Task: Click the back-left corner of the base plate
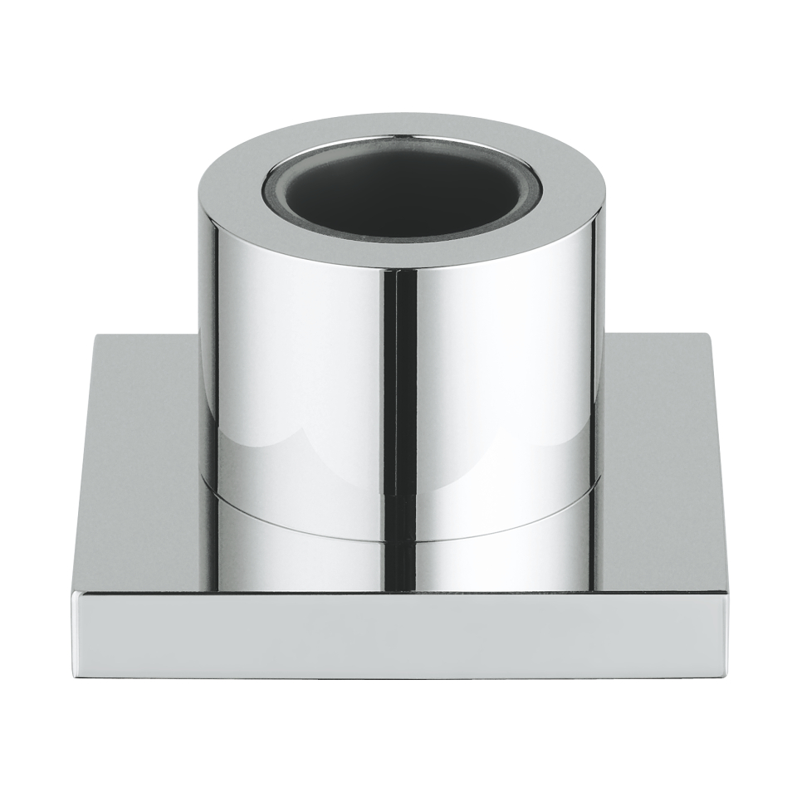pyautogui.click(x=96, y=335)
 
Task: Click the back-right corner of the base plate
pyautogui.click(x=707, y=335)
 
